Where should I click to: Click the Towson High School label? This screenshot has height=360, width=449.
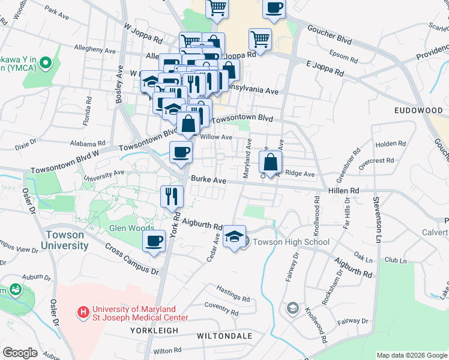[x=291, y=242]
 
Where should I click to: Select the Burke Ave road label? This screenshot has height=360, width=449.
[x=208, y=179]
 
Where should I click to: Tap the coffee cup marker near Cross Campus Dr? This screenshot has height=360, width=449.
[x=154, y=242]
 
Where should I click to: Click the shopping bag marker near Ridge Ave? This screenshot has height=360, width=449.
[x=270, y=161]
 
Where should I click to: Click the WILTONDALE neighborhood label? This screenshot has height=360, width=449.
[x=224, y=336]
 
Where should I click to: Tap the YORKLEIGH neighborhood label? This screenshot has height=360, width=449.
[x=154, y=331]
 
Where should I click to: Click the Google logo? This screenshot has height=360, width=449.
[x=20, y=353]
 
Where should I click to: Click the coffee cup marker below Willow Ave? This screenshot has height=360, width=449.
[x=180, y=152]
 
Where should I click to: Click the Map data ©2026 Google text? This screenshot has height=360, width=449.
[x=411, y=355]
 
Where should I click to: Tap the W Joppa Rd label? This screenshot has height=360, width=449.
[x=143, y=33]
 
